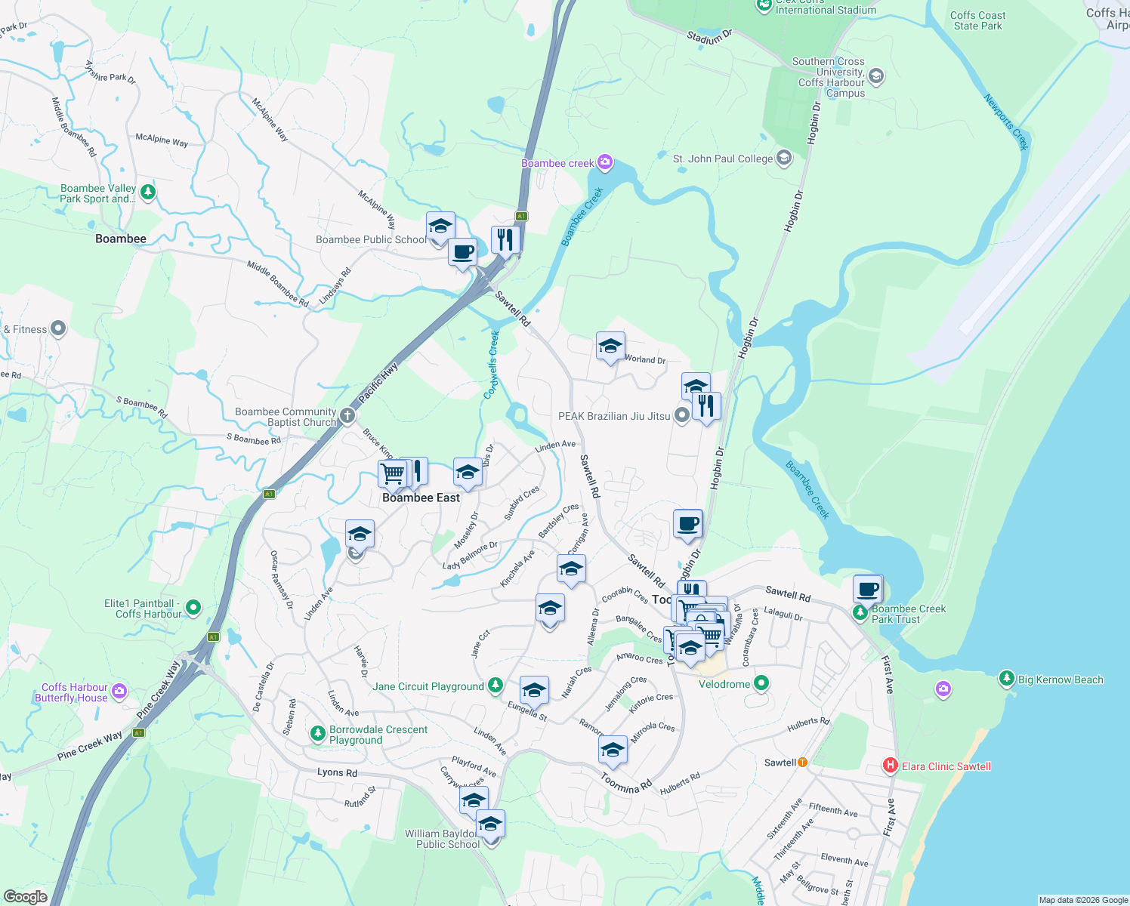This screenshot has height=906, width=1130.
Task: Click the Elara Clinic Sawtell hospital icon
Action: [x=891, y=766]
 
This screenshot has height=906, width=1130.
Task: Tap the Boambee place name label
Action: [x=121, y=239]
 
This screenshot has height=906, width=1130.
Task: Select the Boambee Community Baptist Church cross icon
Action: [x=347, y=415]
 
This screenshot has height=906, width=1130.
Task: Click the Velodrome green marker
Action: [x=761, y=683]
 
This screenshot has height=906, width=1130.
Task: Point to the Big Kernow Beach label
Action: [x=1061, y=679]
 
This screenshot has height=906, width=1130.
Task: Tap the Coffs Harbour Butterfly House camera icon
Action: [x=119, y=692]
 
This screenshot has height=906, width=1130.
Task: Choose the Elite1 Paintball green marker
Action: [x=193, y=607]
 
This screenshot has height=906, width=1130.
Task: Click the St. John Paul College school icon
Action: [x=784, y=158]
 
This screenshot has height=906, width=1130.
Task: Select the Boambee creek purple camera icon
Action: [x=604, y=162]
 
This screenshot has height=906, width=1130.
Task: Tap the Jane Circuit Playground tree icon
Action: [x=495, y=686]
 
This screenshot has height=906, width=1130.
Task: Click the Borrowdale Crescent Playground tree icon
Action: [x=318, y=733]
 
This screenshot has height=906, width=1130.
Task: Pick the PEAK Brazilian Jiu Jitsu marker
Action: [x=681, y=415]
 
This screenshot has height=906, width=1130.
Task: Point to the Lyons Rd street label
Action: [x=337, y=772]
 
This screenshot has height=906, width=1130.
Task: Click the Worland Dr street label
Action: [x=645, y=359]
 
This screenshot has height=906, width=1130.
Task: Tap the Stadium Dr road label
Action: [x=709, y=36]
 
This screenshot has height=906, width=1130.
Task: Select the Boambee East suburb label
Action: [x=421, y=498]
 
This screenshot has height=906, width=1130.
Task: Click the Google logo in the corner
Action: [x=25, y=897]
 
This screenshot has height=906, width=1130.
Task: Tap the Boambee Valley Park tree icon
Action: [x=148, y=193]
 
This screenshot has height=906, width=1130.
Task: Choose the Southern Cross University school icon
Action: [x=876, y=75]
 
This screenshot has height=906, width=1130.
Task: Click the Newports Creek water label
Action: [x=1007, y=122]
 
